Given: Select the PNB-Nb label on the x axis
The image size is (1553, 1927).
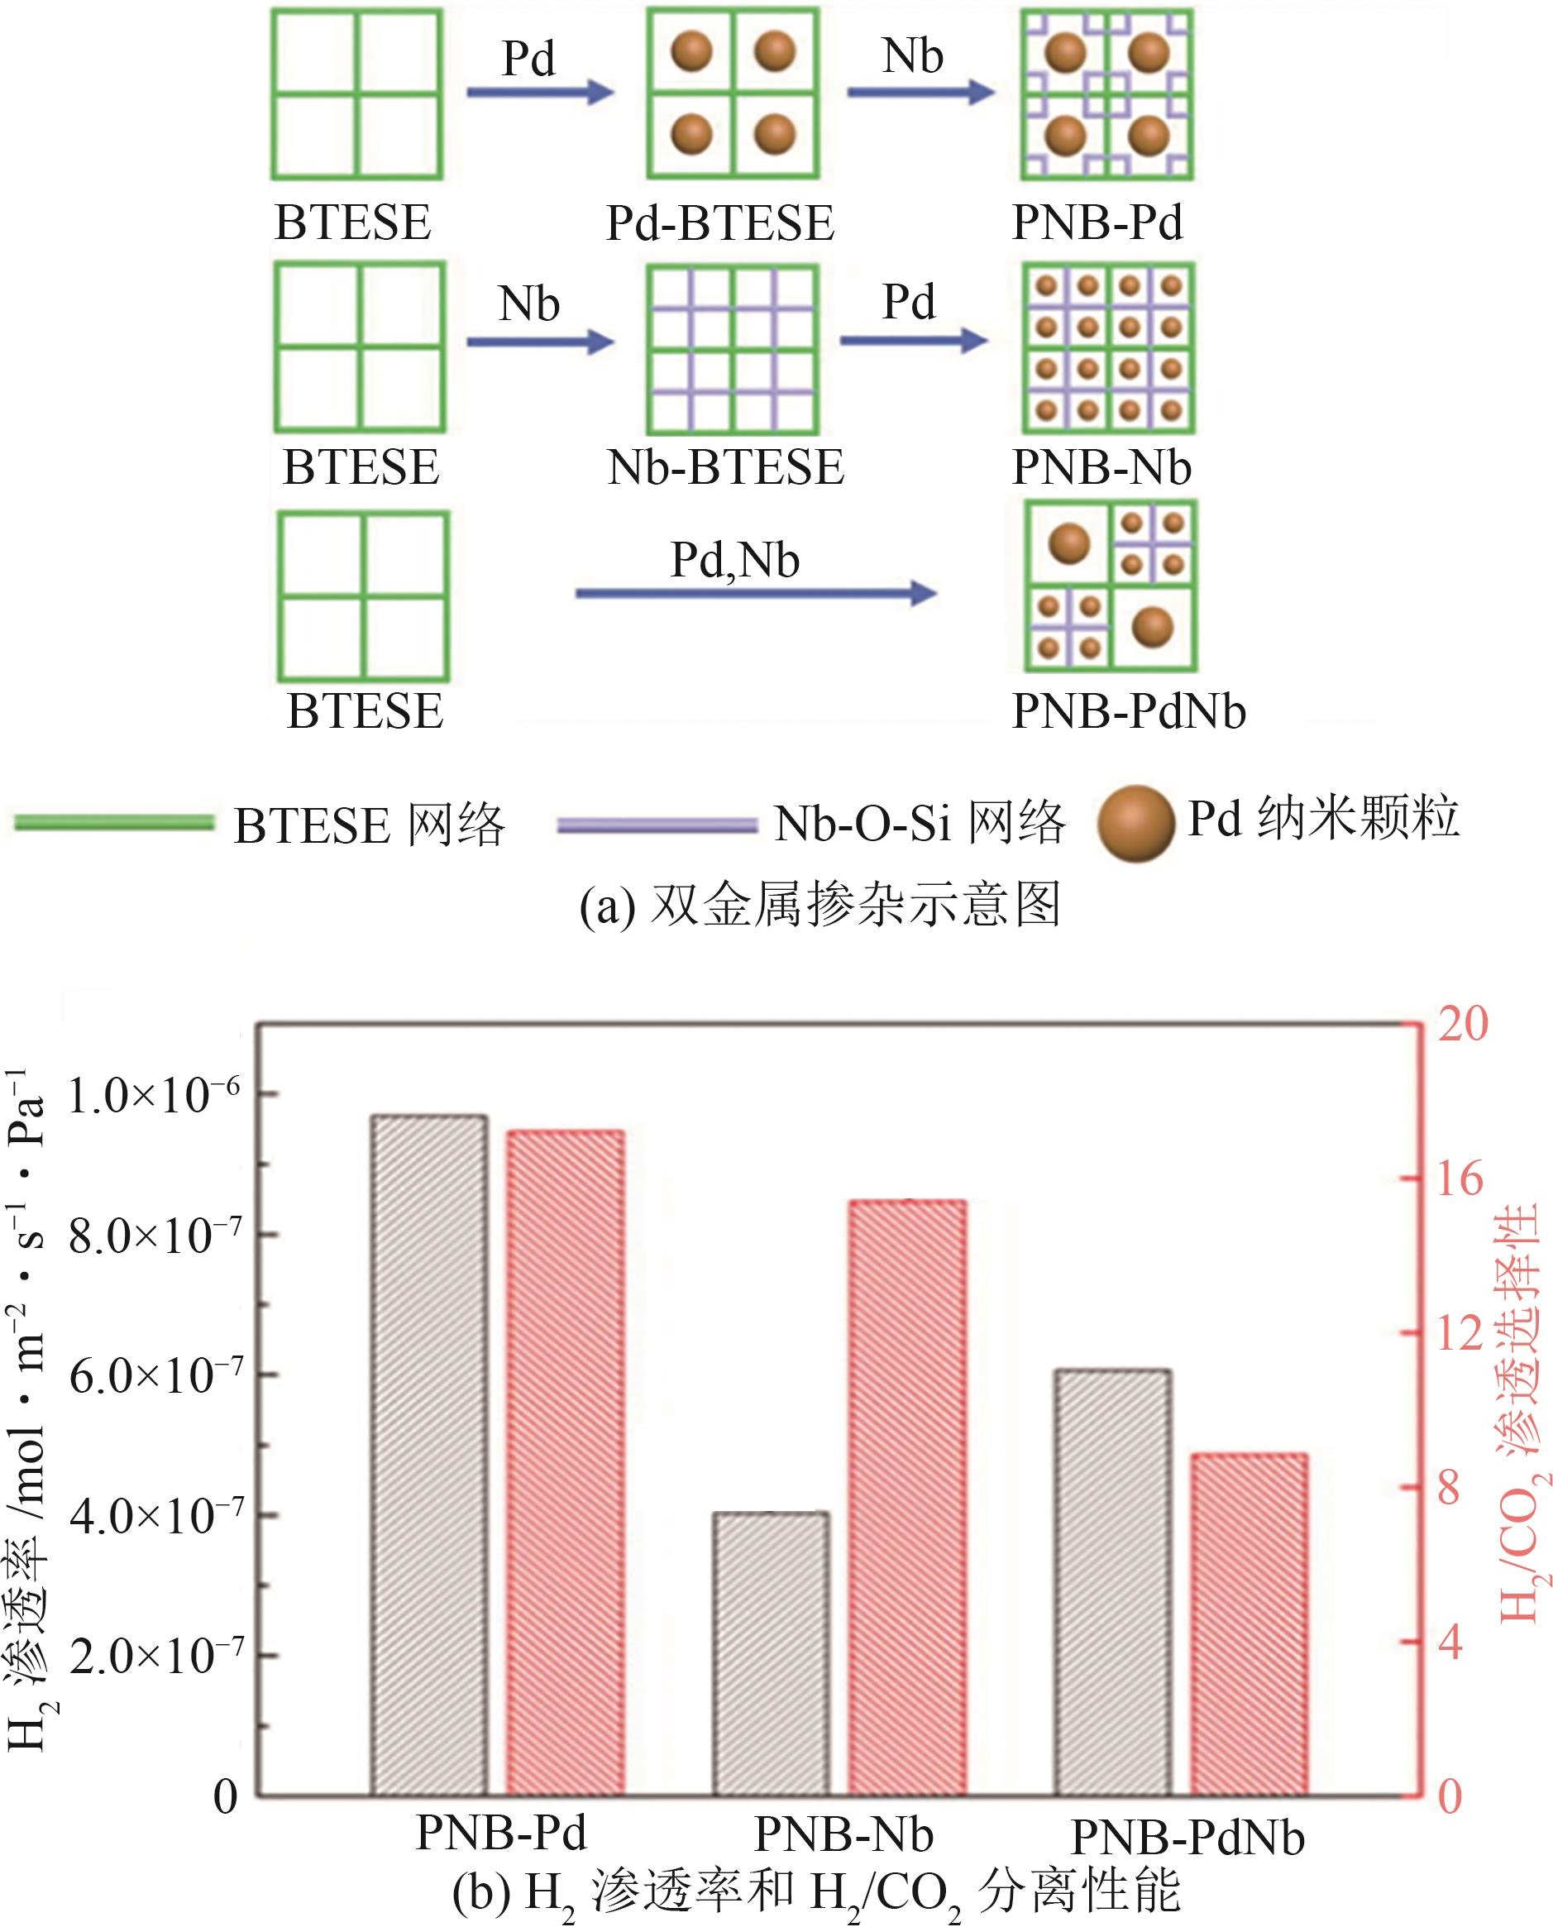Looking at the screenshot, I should tap(843, 1833).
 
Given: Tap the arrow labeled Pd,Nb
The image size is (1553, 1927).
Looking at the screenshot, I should tap(756, 592).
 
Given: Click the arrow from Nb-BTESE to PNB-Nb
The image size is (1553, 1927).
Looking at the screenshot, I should tap(914, 340).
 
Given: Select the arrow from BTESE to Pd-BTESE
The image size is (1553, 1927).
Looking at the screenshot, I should tap(539, 91).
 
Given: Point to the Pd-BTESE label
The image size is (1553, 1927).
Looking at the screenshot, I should tap(720, 222).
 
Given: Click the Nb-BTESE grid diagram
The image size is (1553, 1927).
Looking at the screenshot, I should tap(733, 350).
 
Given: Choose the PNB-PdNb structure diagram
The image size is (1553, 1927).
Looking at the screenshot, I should tap(1111, 586).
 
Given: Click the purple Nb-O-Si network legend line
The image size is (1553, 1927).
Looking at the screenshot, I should tap(657, 825).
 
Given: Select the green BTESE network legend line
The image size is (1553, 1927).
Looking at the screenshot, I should tap(113, 822).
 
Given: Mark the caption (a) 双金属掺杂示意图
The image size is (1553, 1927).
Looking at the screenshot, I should tap(820, 906).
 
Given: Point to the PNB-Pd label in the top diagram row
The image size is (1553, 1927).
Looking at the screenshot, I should tap(1097, 222).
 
